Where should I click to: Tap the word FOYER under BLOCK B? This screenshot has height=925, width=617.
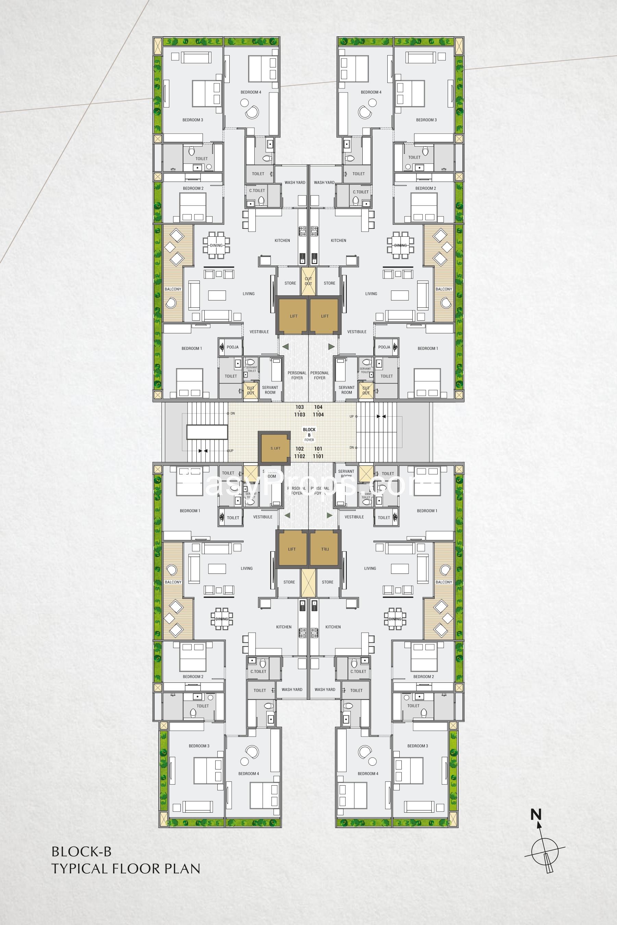click(x=309, y=440)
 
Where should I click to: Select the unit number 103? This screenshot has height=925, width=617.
click(x=300, y=407)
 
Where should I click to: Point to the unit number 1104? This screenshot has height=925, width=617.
click(x=318, y=415)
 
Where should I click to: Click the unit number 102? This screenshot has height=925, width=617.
click(x=300, y=449)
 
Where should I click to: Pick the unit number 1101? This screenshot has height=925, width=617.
click(x=318, y=456)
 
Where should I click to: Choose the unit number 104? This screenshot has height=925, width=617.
click(x=318, y=407)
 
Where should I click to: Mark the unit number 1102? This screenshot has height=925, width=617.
click(x=300, y=456)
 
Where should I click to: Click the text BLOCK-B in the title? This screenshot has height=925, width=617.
click(x=82, y=852)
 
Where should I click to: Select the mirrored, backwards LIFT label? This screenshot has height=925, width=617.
click(x=325, y=549)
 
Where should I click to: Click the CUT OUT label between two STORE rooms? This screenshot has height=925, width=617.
click(x=308, y=281)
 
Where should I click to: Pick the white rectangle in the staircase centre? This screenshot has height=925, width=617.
click(x=207, y=431)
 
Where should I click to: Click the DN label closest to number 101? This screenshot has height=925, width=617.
click(x=351, y=447)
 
